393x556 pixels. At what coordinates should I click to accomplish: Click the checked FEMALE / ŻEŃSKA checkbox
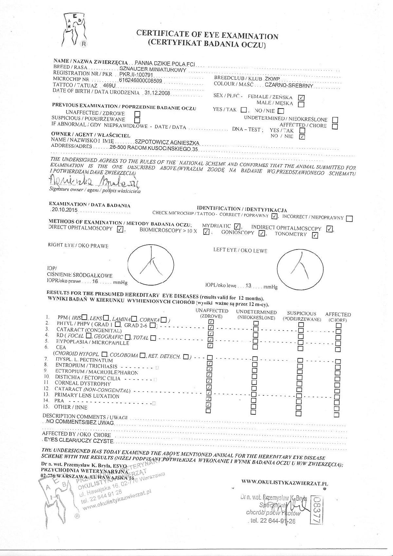[302, 97]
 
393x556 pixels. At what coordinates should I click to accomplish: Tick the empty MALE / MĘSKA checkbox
[301, 104]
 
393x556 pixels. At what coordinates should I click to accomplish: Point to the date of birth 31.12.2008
[157, 93]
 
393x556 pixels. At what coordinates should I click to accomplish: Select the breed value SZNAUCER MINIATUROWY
[153, 70]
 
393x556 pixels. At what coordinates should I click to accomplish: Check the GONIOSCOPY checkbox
[262, 233]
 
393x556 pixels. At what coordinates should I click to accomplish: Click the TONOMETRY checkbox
[315, 235]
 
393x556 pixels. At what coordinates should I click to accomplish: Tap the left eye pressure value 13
[248, 286]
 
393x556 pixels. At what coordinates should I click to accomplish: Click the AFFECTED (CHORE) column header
[338, 317]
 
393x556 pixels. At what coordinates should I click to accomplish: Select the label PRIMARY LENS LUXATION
[87, 396]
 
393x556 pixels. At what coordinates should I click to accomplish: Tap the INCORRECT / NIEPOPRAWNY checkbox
[349, 219]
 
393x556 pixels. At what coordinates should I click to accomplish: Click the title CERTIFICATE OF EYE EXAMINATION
[207, 34]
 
